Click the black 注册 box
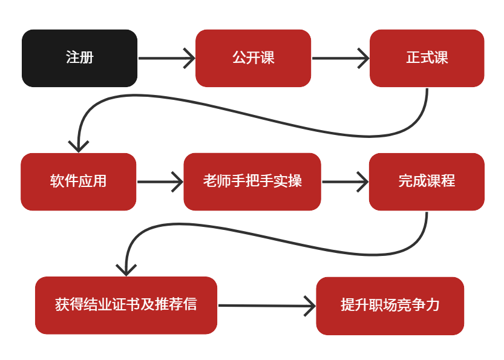(80, 58)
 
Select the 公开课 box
(254, 58)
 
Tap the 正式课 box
(427, 58)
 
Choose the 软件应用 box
(79, 182)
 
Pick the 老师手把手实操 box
(252, 182)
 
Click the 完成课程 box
(427, 182)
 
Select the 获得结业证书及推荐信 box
(126, 305)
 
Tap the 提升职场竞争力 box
(390, 306)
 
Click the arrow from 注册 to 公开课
(166, 58)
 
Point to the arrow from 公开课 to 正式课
(341, 58)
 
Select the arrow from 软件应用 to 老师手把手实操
(160, 182)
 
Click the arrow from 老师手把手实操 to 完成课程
(345, 182)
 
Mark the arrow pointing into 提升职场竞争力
(267, 306)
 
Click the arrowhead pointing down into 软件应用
(79, 146)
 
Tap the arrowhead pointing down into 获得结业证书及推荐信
(126, 270)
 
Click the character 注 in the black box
(73, 57)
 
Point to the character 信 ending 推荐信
(190, 304)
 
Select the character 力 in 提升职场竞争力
(433, 305)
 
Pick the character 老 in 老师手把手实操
(210, 181)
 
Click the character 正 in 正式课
(413, 57)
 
